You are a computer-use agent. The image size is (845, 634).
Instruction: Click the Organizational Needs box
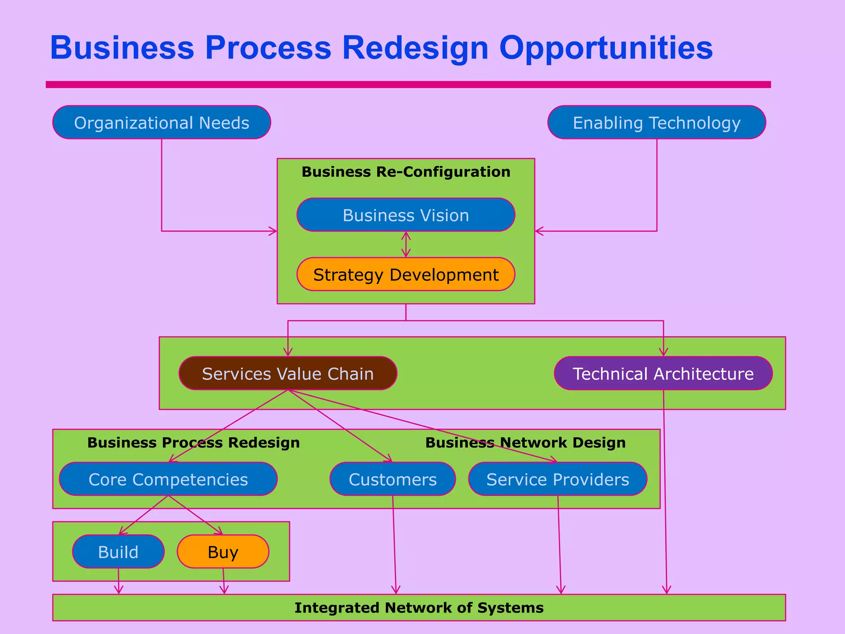[161, 123]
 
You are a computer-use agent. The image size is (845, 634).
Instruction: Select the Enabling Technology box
[656, 123]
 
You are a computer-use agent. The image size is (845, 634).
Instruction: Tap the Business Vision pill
[406, 215]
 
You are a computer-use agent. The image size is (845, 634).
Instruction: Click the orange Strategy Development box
[406, 274]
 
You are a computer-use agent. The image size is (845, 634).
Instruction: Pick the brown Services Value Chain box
[288, 374]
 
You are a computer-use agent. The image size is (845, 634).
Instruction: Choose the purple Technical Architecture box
[663, 374]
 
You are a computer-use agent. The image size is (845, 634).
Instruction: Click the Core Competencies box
[168, 479]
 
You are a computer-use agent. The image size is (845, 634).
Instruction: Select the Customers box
[392, 479]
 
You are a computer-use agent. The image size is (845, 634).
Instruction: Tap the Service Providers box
[557, 479]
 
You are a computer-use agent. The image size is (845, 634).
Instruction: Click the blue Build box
[118, 552]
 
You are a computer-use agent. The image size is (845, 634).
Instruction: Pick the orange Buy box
[223, 552]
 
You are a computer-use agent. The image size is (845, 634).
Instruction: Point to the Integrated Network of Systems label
[419, 608]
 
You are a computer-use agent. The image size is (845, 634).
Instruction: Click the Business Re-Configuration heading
[406, 172]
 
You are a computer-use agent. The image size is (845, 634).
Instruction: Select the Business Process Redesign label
[194, 442]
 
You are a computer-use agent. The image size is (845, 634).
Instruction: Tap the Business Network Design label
[525, 442]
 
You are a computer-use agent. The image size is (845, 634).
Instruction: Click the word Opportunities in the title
[606, 48]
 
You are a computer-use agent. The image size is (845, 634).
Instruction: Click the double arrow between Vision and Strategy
[406, 244]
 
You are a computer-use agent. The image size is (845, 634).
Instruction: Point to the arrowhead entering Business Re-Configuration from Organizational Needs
[274, 231]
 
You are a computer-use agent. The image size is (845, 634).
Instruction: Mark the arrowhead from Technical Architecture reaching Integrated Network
[667, 590]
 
